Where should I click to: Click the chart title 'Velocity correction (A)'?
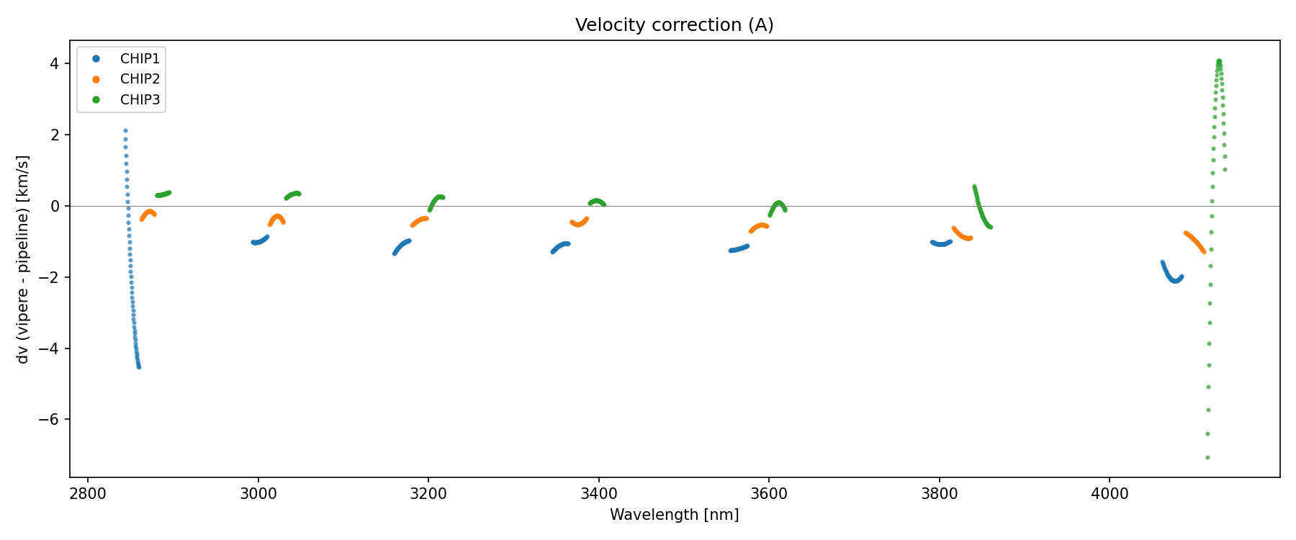[x=674, y=25]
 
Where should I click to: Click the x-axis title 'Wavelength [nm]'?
[x=674, y=515]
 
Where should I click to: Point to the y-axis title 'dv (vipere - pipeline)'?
[x=23, y=259]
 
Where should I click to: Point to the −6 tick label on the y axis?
[x=54, y=420]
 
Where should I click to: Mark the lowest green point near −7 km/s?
[x=1207, y=457]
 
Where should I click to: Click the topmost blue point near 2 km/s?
[x=125, y=131]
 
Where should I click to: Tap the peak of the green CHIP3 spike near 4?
[x=1219, y=61]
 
